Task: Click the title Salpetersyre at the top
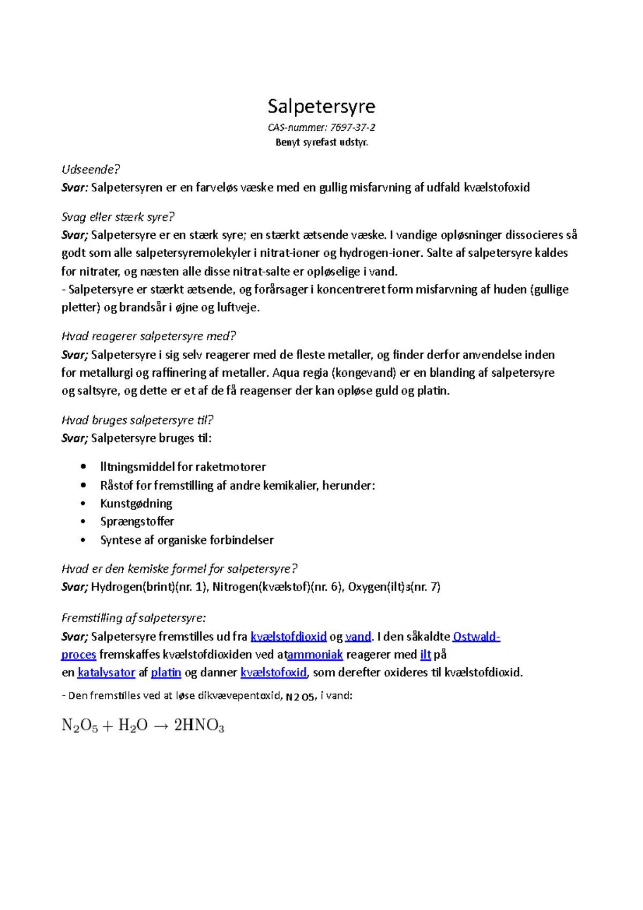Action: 322,106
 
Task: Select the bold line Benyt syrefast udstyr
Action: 322,143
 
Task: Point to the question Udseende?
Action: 91,169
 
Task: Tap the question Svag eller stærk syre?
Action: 118,217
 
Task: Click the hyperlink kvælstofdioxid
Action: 288,637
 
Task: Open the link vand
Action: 358,637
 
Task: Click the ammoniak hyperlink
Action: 315,654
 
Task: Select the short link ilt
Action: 425,654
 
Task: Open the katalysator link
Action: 106,673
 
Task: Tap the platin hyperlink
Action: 166,673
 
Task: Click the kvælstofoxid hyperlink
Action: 273,673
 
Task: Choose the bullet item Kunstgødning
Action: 136,503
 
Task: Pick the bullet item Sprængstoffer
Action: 137,521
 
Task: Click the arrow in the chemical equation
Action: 161,726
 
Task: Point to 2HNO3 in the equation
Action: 199,726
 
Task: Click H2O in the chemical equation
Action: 132,726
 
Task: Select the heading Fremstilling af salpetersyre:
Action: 133,618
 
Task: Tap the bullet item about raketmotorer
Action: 183,467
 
